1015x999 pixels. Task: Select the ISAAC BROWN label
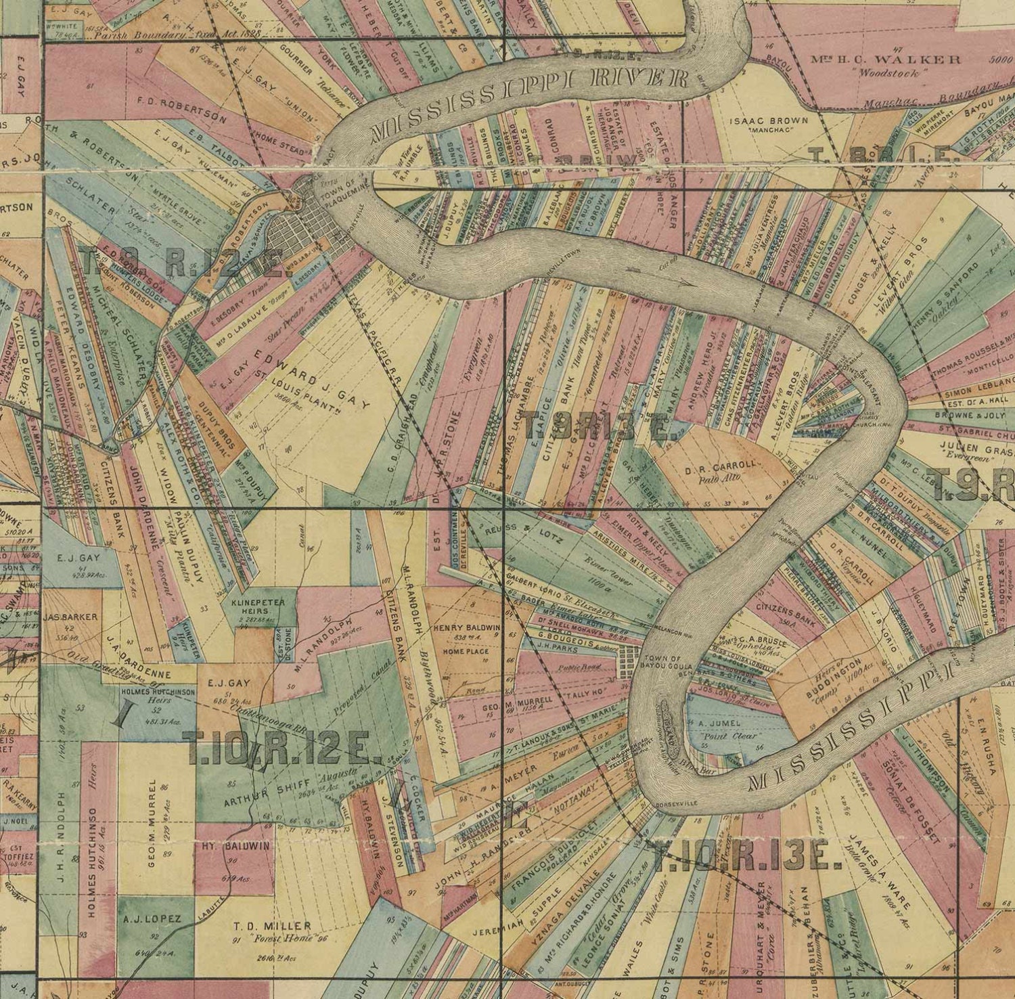[x=761, y=121]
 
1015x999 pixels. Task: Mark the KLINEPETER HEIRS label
[x=261, y=605]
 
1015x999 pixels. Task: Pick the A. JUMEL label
[x=723, y=723]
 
